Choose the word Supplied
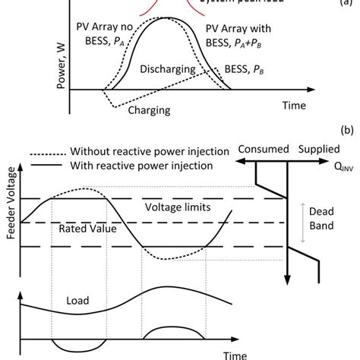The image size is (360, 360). pos(318,150)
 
